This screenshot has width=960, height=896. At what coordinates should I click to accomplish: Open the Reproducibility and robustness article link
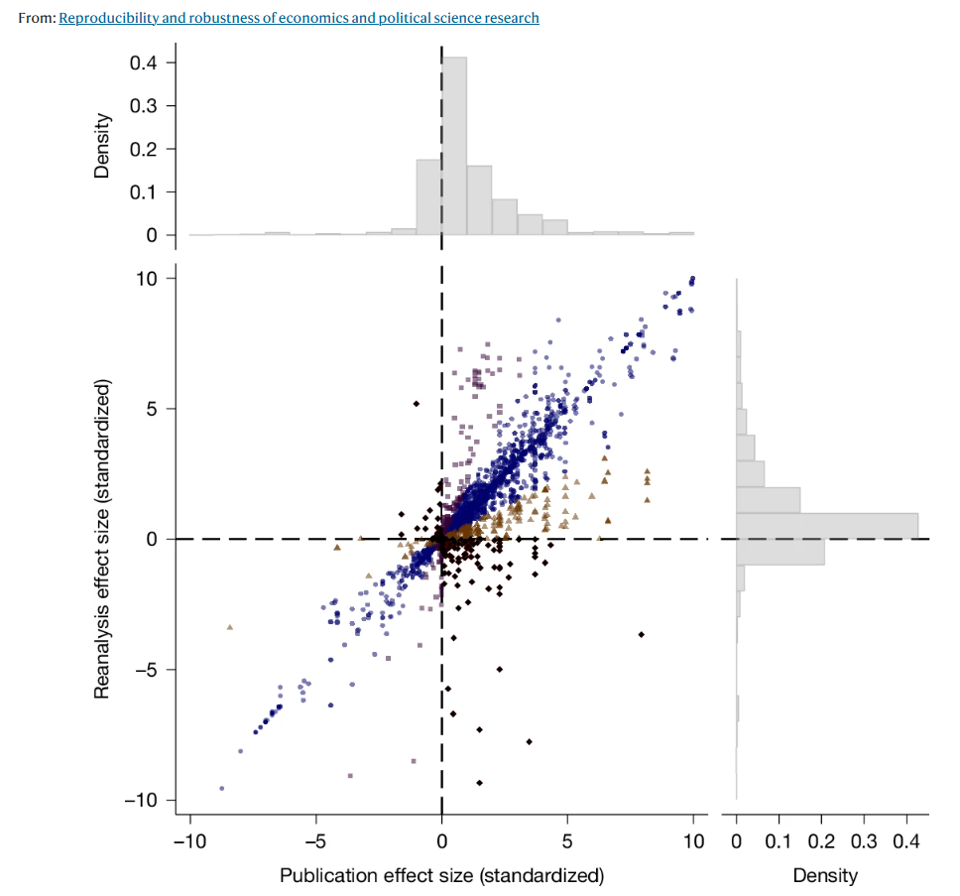click(299, 18)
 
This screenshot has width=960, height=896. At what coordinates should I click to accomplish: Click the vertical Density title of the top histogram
click(101, 149)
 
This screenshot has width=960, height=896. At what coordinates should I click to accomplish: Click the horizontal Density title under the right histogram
click(825, 875)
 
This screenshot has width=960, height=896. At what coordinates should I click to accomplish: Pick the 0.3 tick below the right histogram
click(864, 842)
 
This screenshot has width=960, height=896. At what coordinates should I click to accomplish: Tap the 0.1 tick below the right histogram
click(779, 842)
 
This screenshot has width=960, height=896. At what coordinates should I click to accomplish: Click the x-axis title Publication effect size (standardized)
click(441, 875)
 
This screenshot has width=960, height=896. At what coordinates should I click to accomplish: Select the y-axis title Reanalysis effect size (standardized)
click(101, 539)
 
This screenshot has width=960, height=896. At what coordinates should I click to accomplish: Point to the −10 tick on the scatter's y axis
click(144, 800)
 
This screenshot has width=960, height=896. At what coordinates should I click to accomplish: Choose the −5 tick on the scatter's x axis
click(315, 842)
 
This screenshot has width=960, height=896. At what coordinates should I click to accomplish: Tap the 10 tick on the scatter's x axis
click(693, 842)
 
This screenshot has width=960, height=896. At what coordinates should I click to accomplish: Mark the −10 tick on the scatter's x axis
click(188, 842)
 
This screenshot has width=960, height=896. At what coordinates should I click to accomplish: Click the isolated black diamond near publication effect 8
click(642, 634)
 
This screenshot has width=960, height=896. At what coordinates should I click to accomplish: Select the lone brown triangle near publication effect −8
click(230, 627)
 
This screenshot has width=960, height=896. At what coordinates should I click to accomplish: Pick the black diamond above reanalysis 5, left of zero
click(417, 403)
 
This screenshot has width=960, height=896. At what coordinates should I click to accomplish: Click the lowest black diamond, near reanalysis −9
click(479, 783)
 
